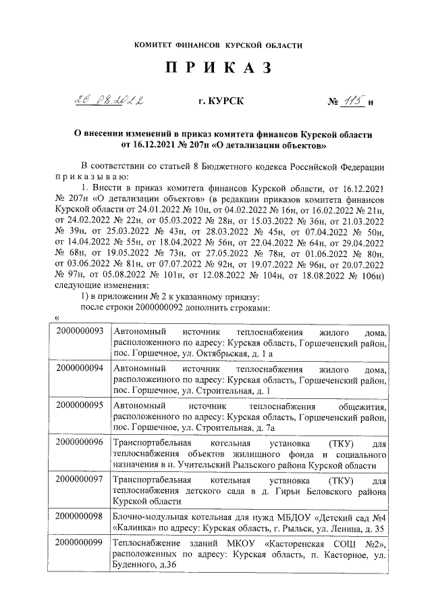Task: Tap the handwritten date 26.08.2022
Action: [x=113, y=101]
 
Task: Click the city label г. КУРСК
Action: [x=217, y=102]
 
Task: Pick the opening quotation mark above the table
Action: [x=56, y=319]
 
